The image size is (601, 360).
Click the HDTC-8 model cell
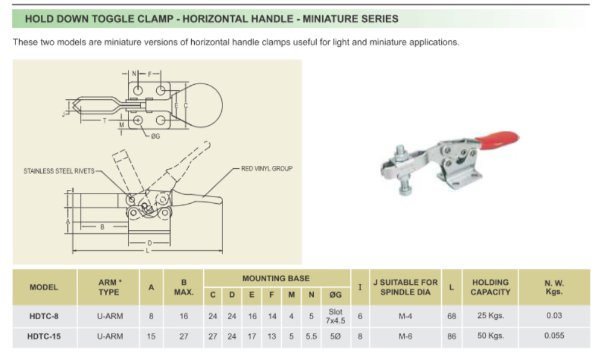coord(44,316)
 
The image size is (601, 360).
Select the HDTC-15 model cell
coord(44,337)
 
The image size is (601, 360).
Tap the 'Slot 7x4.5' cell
coord(335,316)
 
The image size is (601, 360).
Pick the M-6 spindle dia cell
coord(405,337)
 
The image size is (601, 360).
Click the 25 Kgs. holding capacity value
coord(490,316)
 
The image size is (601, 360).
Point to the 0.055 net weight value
coord(554,337)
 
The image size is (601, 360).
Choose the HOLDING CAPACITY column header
coord(490,287)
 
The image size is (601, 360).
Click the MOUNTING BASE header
coord(276,278)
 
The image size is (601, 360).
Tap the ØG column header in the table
coord(335,295)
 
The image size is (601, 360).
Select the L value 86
coord(451,337)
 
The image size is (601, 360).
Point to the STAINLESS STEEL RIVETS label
coord(59,171)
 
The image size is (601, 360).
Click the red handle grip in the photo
coord(499,140)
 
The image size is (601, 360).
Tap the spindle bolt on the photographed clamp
coord(404,174)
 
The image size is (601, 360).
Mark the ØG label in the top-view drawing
coord(155,136)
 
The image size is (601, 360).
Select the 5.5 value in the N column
coord(311,337)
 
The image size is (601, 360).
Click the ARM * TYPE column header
coord(109,287)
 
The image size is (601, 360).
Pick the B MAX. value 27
coord(184,337)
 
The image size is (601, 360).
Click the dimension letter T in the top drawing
coord(105,120)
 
